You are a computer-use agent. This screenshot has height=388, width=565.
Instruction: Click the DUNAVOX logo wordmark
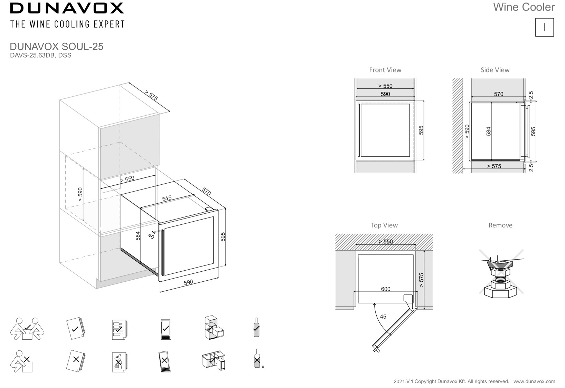tap(67, 8)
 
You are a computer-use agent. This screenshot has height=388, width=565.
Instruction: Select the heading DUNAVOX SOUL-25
tap(57, 47)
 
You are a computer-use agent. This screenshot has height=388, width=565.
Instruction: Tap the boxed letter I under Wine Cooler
tap(544, 27)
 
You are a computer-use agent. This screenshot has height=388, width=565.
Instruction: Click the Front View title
tap(385, 70)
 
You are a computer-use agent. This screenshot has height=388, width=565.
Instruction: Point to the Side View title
tap(495, 70)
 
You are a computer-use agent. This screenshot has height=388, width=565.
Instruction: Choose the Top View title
tap(384, 225)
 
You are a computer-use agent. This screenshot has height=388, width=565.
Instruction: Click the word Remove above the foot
tap(500, 225)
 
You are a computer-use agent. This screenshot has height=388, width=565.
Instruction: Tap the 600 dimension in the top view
tap(385, 289)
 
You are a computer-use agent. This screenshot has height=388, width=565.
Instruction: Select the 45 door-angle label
tap(383, 317)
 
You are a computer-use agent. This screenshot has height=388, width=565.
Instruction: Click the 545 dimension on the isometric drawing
tap(167, 198)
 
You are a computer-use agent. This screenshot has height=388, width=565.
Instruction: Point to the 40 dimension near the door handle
tap(151, 236)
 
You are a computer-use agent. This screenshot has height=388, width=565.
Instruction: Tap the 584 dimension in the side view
tap(488, 131)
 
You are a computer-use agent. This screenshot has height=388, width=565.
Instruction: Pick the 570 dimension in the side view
tap(498, 94)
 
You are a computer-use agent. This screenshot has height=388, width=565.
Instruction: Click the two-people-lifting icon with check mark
tap(27, 329)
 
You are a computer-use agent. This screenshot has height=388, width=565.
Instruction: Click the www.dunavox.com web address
tap(534, 381)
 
